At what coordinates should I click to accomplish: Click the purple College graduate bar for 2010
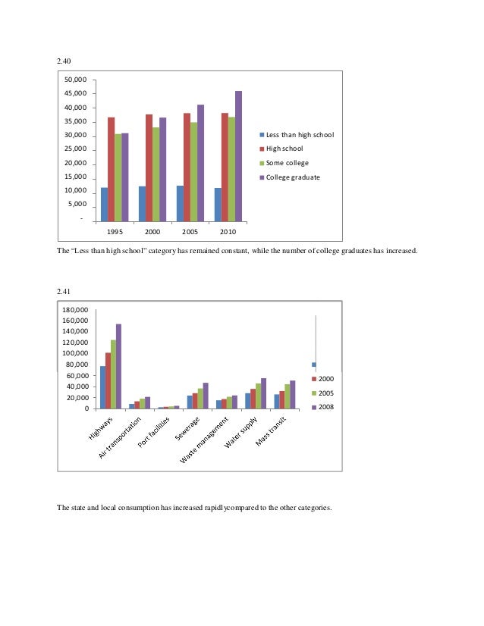click(x=238, y=156)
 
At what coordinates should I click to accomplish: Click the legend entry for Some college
click(x=287, y=163)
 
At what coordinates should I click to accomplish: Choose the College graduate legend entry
click(x=292, y=177)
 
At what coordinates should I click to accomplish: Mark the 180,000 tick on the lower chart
click(x=77, y=310)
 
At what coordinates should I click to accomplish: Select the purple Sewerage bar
click(x=206, y=396)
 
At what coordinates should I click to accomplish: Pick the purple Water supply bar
click(x=263, y=393)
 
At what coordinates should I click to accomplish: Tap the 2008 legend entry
click(x=325, y=408)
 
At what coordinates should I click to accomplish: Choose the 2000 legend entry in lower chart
click(x=325, y=378)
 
